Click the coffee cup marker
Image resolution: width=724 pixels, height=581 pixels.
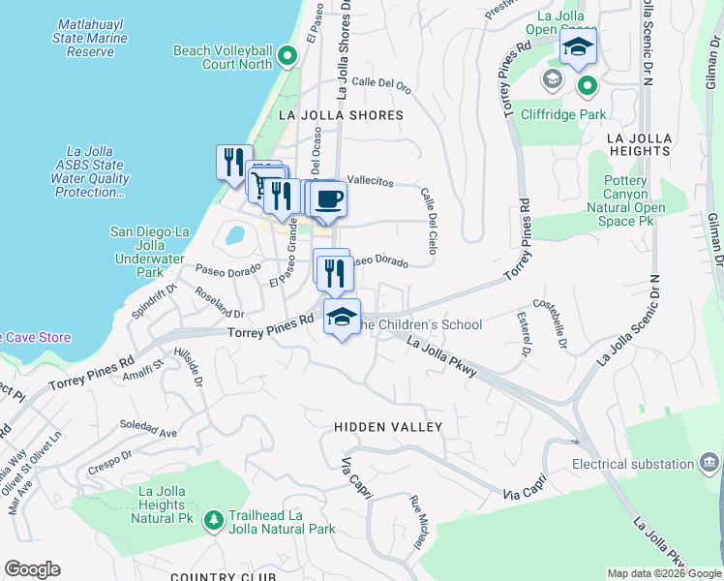point(329,199)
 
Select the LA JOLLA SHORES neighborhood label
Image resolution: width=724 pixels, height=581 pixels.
point(341,115)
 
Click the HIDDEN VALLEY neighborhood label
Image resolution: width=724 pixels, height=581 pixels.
point(388,427)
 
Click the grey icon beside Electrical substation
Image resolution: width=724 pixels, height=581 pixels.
point(709,462)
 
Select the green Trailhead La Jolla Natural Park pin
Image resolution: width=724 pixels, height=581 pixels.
point(211,520)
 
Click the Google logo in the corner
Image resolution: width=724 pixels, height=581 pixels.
point(32,569)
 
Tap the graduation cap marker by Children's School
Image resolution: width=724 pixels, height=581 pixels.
point(341,318)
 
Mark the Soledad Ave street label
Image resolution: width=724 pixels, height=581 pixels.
point(148,425)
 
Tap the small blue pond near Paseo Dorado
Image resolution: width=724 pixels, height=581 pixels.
point(234,234)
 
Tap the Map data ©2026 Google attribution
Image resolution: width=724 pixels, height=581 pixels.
point(664,573)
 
